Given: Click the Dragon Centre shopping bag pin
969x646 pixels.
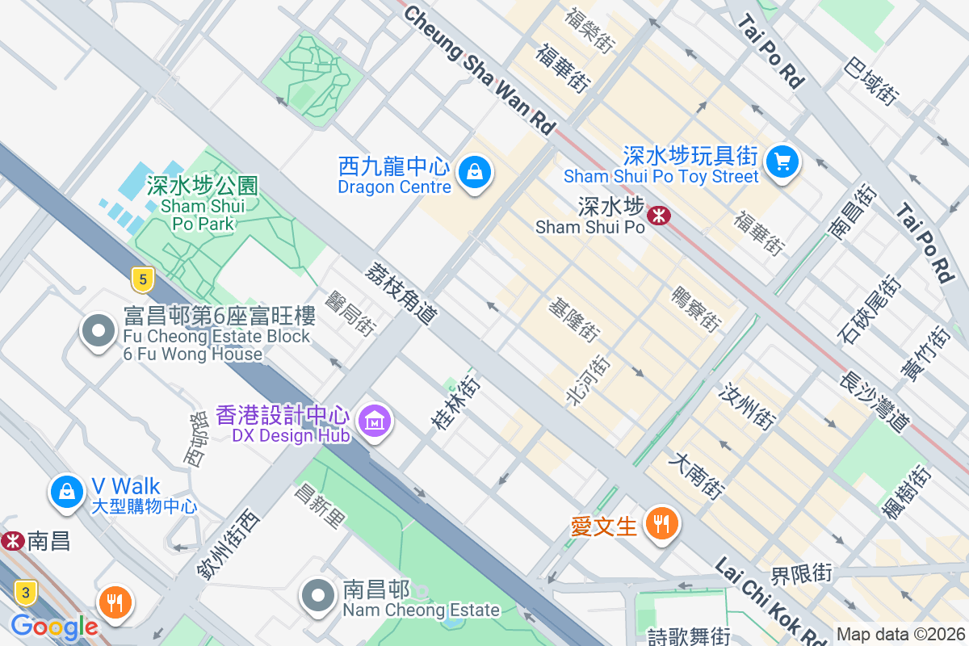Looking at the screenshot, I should [x=475, y=172].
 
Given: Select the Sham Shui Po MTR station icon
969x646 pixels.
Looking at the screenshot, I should [x=659, y=216].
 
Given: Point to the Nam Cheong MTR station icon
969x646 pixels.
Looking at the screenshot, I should [x=12, y=541].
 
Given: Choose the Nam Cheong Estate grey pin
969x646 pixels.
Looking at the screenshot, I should [x=318, y=596].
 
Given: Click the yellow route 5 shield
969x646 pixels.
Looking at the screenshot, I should [x=142, y=280].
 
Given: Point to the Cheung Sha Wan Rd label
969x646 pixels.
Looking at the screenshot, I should [x=480, y=69].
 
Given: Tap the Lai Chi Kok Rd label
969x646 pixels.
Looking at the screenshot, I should [x=770, y=602].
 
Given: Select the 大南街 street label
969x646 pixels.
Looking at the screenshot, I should [x=697, y=476].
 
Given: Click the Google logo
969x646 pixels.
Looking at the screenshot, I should [x=54, y=627].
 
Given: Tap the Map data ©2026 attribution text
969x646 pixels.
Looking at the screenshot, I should [x=900, y=635].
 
